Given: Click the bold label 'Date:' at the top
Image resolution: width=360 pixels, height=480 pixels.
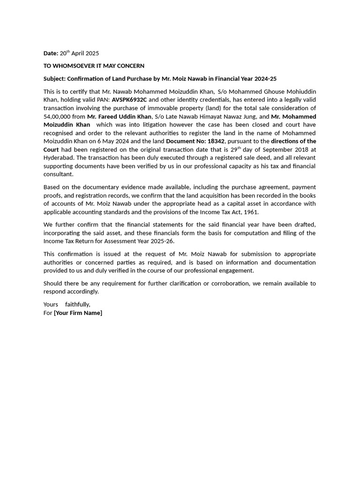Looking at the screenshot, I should point(51,53).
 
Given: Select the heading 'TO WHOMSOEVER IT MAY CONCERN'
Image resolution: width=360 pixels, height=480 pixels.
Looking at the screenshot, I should point(94,66).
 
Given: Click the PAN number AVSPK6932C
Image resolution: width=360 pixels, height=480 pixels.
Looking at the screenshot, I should point(129,100).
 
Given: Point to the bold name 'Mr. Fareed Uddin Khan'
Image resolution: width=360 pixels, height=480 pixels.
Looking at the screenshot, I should point(119,116).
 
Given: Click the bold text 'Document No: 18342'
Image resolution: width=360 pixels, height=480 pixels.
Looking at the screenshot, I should point(195,141).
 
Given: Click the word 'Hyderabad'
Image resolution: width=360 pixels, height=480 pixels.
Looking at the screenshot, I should point(59,157).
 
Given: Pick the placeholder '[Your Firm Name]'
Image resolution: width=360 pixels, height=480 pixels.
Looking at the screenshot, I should point(78,313).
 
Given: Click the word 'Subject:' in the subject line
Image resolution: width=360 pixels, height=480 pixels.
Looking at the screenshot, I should point(54,79).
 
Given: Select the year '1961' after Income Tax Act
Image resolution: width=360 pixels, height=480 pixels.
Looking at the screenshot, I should point(251,212).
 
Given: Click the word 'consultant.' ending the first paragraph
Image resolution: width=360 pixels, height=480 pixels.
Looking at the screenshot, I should point(59,174).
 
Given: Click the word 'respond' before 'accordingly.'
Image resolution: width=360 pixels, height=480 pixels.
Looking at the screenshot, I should point(54,292).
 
